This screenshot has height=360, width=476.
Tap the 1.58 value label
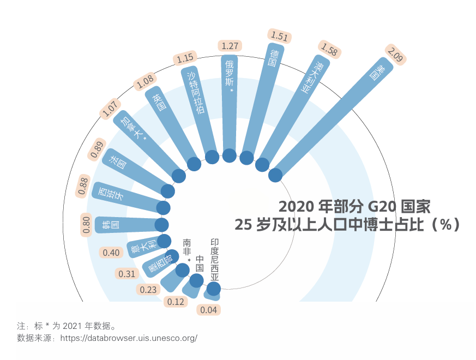tap(330, 50)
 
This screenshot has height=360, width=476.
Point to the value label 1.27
tap(230, 46)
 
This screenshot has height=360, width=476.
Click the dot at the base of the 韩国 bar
tap(161, 225)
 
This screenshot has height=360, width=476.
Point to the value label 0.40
tap(111, 253)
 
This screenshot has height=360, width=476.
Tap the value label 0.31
tap(126, 274)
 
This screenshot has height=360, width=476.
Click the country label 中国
tap(200, 264)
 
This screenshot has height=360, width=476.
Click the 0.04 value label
tap(208, 310)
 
